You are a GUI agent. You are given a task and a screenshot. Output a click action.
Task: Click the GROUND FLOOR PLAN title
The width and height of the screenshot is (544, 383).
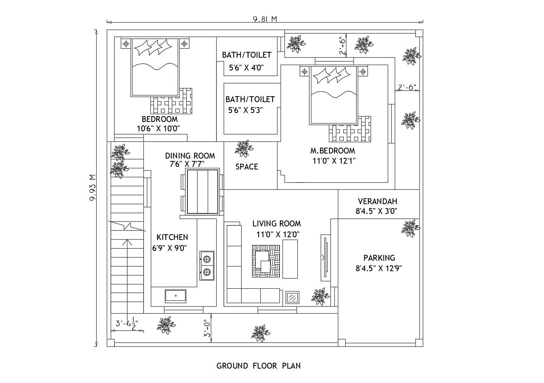(258, 366)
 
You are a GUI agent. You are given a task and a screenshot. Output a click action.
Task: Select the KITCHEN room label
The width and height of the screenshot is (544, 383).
(172, 237)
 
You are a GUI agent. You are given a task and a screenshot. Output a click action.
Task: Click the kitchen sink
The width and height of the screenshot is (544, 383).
(175, 296)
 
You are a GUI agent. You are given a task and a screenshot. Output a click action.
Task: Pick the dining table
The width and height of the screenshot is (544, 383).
(202, 192)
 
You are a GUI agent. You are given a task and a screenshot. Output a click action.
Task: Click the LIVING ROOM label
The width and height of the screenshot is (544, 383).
(276, 224)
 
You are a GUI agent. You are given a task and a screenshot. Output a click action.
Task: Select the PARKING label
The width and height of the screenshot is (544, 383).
(379, 258)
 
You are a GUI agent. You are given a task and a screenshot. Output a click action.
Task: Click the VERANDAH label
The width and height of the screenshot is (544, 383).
(377, 201)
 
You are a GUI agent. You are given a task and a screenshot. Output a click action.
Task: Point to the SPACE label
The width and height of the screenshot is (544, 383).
(246, 167)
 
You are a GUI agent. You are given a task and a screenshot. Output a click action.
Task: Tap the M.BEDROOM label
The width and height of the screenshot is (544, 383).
(332, 150)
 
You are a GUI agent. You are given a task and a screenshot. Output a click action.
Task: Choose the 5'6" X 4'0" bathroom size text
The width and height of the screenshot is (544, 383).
(246, 67)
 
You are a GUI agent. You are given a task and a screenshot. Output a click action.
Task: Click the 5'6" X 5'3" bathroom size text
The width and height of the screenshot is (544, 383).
(246, 110)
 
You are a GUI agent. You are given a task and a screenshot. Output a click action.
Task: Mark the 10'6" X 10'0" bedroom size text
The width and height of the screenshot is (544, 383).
(158, 128)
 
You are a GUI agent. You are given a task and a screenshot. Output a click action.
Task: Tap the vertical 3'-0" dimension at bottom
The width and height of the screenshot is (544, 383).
(207, 328)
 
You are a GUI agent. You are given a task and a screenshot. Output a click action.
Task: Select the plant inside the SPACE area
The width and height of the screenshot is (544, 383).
(243, 148)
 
